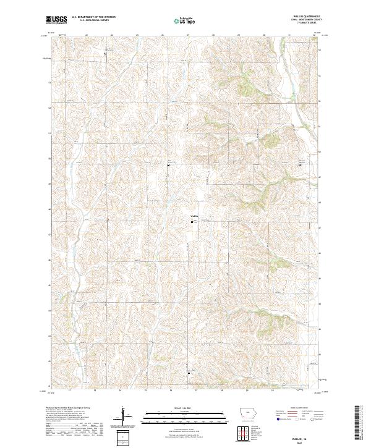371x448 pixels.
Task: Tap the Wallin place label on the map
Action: point(194,216)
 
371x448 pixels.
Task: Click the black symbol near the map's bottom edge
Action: point(189,373)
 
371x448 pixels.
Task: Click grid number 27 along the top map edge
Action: point(187,35)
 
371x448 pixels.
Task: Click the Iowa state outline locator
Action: point(248,412)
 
